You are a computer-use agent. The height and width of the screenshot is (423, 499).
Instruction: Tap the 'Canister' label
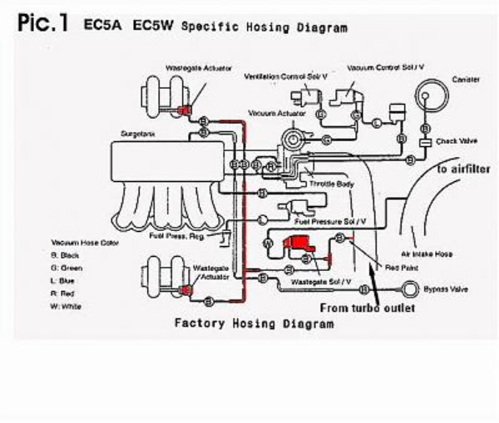[x=465, y=79]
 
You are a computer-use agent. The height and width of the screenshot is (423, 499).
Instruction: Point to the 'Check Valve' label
[x=457, y=141]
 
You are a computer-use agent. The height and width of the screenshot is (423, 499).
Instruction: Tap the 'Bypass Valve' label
[x=445, y=289]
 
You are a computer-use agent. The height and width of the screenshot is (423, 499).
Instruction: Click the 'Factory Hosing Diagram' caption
[x=253, y=322]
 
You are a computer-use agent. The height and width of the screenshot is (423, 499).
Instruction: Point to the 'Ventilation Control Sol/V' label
[x=284, y=76]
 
